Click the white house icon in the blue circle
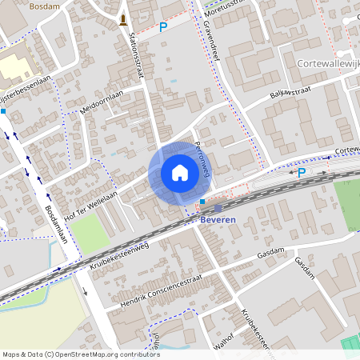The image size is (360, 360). click(x=179, y=173)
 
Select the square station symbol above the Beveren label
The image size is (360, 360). click(x=218, y=208)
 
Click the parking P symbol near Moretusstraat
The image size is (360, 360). click(x=163, y=27)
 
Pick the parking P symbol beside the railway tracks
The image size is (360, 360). click(x=302, y=172)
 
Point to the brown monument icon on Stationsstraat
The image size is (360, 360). click(x=122, y=19)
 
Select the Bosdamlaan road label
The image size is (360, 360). click(x=60, y=227)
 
